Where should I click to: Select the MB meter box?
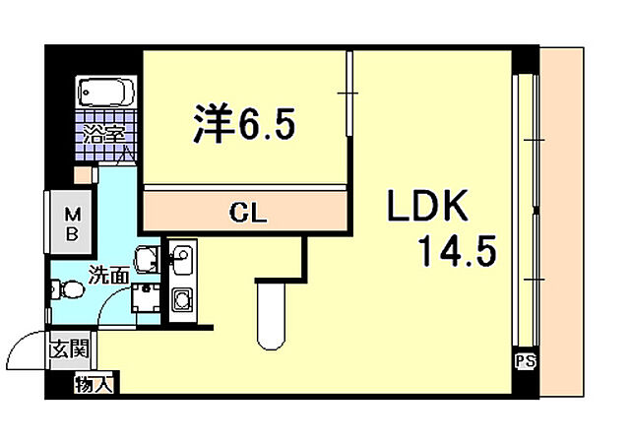click(x=72, y=224)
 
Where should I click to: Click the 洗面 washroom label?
click(x=107, y=276)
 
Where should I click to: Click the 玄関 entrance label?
click(x=71, y=348)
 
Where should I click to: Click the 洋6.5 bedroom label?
click(x=241, y=124)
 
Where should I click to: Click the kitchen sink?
click(x=182, y=262)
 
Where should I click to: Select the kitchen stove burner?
click(x=182, y=299)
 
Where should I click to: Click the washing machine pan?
click(x=148, y=296)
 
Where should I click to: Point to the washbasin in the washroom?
click(x=147, y=258)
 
